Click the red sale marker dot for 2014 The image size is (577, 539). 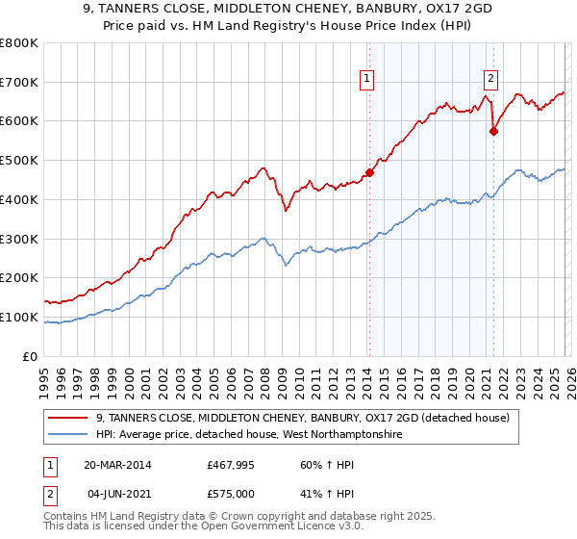coord(369,173)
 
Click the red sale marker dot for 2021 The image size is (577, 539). coord(493,132)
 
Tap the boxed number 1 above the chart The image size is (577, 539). coord(368,80)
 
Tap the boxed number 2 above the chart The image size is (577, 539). coord(490,80)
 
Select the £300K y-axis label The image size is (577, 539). coord(21,239)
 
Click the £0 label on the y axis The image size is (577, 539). coord(31,356)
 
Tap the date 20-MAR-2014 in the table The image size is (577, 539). coord(117,465)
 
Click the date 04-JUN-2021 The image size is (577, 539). coord(117,494)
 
